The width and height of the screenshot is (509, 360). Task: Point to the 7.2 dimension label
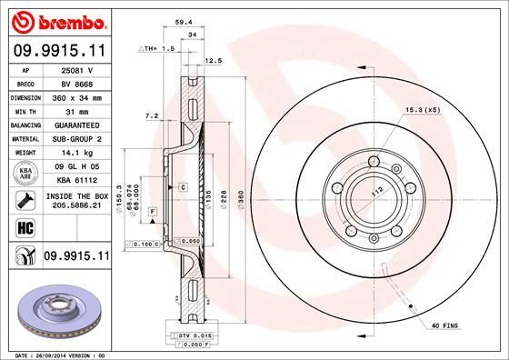click(x=152, y=116)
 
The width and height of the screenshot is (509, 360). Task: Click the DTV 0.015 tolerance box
click(x=186, y=336)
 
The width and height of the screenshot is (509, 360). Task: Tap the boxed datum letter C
click(x=183, y=187)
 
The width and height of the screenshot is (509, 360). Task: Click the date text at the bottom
click(x=55, y=354)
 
